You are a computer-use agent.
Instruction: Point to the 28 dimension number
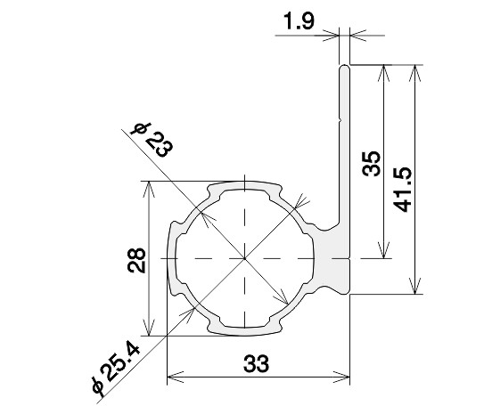tap(130, 259)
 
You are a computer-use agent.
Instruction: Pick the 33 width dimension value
tap(256, 365)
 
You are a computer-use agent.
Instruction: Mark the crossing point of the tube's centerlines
tap(242, 258)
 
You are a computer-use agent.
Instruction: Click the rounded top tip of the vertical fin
tap(344, 66)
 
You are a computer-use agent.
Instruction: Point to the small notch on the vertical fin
tap(340, 118)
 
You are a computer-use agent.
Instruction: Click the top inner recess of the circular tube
tap(242, 192)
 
